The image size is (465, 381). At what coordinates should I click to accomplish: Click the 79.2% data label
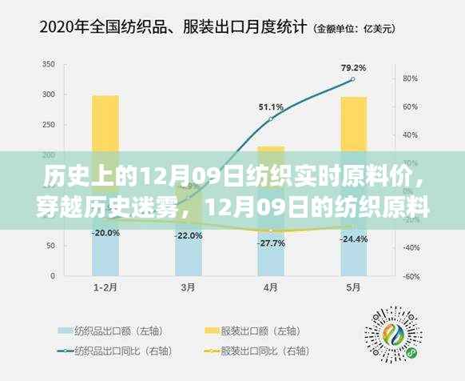click(353, 67)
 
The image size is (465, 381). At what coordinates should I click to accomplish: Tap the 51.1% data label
click(270, 106)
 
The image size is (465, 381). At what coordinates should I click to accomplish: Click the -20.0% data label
click(105, 233)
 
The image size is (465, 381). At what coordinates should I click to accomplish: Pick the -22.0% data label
click(189, 235)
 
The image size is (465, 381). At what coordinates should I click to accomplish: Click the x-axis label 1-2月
click(105, 287)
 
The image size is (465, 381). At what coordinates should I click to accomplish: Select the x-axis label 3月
click(189, 287)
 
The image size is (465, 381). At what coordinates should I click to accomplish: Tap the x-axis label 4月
click(272, 287)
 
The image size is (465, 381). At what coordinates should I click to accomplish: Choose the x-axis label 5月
click(354, 287)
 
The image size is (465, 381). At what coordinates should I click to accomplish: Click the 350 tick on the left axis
click(49, 64)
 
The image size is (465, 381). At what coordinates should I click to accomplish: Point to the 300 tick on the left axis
click(49, 94)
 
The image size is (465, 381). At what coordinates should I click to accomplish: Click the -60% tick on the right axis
click(411, 276)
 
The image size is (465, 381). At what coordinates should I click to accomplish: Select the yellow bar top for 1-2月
click(105, 98)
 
